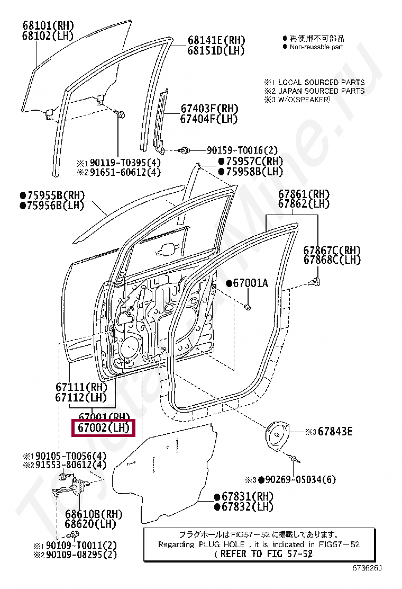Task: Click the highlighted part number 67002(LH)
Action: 104,427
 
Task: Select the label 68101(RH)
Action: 48,25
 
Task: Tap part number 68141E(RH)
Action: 216,40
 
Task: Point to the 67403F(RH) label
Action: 209,109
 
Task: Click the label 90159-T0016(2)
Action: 234,150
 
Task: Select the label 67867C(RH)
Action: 332,249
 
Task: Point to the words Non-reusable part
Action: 316,47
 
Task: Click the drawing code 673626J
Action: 367,568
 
